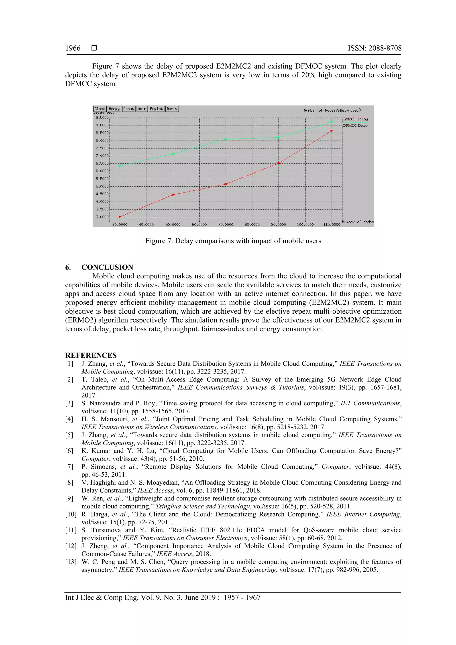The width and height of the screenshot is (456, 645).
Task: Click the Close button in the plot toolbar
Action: click(100, 109)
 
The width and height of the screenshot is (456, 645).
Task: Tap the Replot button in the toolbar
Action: click(156, 109)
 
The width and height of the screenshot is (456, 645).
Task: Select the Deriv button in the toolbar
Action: click(172, 109)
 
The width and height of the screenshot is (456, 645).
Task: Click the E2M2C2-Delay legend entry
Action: click(355, 119)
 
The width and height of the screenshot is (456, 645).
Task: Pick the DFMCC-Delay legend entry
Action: click(355, 126)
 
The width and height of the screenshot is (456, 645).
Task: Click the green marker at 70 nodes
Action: click(226, 139)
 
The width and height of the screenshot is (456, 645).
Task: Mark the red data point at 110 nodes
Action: click(332, 131)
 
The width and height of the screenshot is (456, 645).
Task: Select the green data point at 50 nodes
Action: click(173, 154)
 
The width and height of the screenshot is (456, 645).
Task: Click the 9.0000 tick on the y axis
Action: click(102, 125)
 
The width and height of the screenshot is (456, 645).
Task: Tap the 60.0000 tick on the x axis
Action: click(199, 225)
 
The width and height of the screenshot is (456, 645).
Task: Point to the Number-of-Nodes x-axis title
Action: click(358, 222)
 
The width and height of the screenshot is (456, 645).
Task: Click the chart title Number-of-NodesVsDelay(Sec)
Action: click(332, 110)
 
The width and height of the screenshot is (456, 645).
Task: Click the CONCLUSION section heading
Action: click(107, 267)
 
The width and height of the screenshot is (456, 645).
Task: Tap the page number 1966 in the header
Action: click(73, 48)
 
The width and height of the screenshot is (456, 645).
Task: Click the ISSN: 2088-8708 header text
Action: click(375, 48)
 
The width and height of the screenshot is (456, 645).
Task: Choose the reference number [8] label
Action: click(69, 483)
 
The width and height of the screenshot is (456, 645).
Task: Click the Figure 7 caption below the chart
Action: click(233, 241)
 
